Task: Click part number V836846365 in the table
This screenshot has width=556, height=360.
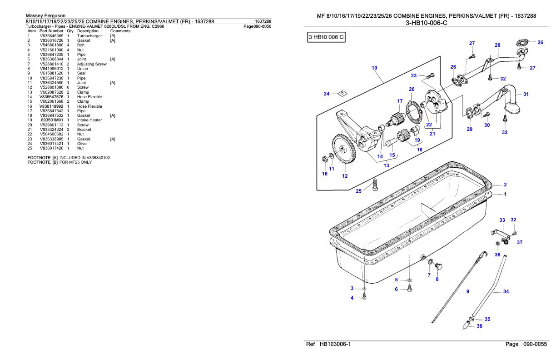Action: (x=52, y=36)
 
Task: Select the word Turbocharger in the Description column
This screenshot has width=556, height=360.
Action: (x=89, y=36)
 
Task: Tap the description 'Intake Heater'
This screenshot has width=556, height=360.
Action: (x=89, y=120)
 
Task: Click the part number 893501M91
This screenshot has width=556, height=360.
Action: (x=52, y=120)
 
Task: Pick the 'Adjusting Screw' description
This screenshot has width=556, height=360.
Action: (x=92, y=64)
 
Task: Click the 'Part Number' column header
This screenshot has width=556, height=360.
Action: (x=51, y=31)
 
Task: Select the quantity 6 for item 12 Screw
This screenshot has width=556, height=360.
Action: (x=68, y=87)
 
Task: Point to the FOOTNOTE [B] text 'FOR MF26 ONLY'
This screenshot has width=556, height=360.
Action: (x=76, y=162)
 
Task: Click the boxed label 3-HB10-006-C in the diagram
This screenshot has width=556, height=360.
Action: (x=326, y=37)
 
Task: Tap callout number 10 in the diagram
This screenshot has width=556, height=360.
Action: (x=374, y=68)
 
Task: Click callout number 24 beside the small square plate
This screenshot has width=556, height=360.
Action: (x=327, y=94)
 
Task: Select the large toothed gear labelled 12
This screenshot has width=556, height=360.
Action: (x=344, y=149)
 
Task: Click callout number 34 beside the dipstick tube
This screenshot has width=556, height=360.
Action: (x=506, y=291)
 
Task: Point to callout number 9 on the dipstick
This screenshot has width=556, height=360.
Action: (x=467, y=291)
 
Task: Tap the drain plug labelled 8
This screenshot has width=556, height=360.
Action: (x=439, y=266)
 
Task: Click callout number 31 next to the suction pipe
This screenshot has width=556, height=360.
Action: (x=526, y=94)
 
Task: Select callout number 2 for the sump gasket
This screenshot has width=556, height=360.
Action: (x=505, y=185)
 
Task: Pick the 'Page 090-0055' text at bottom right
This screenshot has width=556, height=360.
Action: (x=526, y=344)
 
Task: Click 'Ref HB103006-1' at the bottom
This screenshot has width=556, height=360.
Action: (x=328, y=344)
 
